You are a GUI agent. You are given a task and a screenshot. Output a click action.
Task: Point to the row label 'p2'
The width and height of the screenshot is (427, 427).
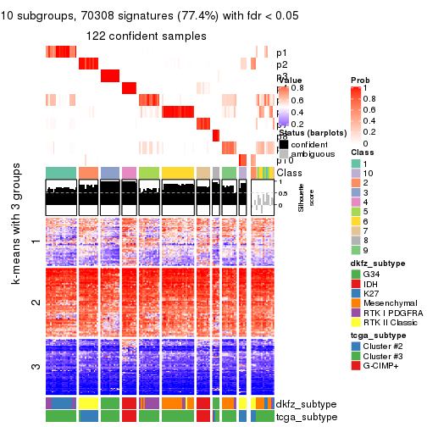coord(281,64)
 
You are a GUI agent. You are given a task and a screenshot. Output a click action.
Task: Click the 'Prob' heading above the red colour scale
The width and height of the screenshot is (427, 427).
coord(359,80)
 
